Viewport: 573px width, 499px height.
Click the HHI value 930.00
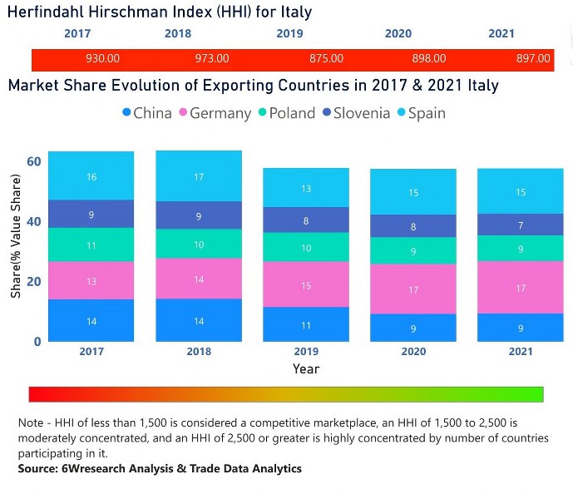(x=103, y=59)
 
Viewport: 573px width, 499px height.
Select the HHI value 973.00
(x=212, y=59)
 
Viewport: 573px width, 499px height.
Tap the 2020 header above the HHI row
(x=398, y=34)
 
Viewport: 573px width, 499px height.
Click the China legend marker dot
(x=126, y=113)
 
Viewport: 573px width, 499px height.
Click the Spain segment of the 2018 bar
(x=199, y=176)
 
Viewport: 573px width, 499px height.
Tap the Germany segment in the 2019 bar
(x=306, y=285)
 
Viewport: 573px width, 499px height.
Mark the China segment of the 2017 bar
(x=91, y=320)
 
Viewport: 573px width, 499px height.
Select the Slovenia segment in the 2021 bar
(x=521, y=225)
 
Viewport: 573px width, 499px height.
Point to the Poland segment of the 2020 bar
(x=413, y=251)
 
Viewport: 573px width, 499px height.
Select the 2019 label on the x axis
(x=306, y=351)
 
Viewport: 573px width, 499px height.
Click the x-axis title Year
(x=305, y=368)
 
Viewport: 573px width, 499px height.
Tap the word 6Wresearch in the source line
(x=90, y=469)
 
